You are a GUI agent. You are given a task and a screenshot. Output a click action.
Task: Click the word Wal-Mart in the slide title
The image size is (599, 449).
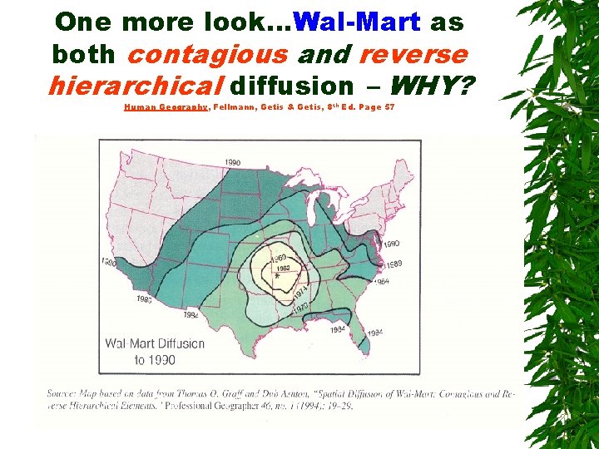pos(357,22)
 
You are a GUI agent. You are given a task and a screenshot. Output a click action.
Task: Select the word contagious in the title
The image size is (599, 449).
pos(209,54)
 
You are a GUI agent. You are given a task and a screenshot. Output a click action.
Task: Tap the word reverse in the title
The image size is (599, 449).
pos(413,54)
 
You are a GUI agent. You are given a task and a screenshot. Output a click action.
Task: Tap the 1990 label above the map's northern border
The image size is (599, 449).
pos(232,162)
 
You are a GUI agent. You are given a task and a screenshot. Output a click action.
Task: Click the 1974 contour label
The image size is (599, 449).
pos(300,292)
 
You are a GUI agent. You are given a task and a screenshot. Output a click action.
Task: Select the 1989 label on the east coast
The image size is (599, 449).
pos(393,264)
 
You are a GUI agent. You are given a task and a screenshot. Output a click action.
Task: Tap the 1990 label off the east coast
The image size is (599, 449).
pos(391,244)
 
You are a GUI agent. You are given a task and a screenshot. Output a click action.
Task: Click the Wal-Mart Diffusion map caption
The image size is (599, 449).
pos(154,352)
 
